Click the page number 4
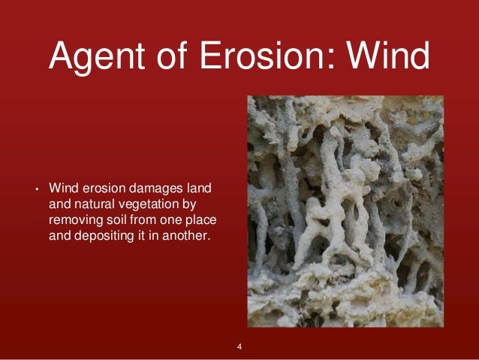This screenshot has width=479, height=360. click(x=239, y=346)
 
